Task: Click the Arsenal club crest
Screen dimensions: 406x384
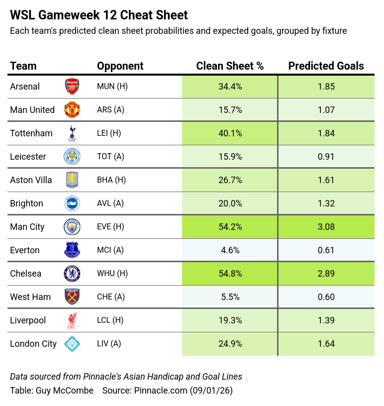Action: pyautogui.click(x=72, y=87)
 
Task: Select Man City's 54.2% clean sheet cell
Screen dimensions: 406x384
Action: pyautogui.click(x=230, y=227)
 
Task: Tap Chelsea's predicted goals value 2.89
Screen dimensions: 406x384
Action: pyautogui.click(x=326, y=274)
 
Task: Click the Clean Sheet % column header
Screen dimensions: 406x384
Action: pyautogui.click(x=230, y=66)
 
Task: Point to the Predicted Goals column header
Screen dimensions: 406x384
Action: pyautogui.click(x=326, y=66)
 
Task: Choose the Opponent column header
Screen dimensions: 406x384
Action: pyautogui.click(x=120, y=66)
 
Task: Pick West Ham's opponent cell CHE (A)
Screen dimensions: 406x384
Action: pyautogui.click(x=110, y=297)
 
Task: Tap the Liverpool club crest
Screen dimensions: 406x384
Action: pyautogui.click(x=72, y=320)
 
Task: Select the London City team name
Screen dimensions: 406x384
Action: pyautogui.click(x=33, y=344)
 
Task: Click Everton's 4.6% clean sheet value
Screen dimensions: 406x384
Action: pyautogui.click(x=230, y=250)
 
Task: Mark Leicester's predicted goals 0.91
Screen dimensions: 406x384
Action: pyautogui.click(x=326, y=157)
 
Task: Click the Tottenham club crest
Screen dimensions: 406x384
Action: pyautogui.click(x=72, y=133)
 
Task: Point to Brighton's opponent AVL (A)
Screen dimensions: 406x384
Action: pyautogui.click(x=110, y=203)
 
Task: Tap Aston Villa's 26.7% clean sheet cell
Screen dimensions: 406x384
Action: pyautogui.click(x=230, y=180)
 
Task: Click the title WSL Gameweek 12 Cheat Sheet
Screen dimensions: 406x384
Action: pyautogui.click(x=99, y=15)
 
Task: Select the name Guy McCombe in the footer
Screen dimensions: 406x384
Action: pyautogui.click(x=65, y=391)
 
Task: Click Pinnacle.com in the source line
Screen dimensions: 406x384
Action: pyautogui.click(x=161, y=391)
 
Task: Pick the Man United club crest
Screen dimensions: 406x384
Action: pyautogui.click(x=72, y=110)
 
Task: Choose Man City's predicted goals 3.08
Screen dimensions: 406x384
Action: pyautogui.click(x=326, y=227)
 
